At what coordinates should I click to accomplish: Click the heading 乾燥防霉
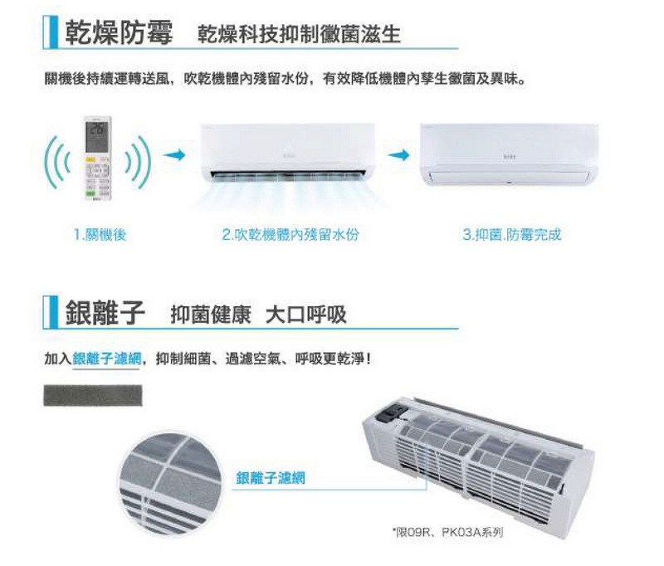pos(119,32)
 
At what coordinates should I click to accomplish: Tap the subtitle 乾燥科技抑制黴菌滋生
pos(299,34)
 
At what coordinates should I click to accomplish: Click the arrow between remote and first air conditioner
pos(174,155)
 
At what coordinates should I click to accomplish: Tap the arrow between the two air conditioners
pos(399,155)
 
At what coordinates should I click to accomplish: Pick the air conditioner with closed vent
pos(509,155)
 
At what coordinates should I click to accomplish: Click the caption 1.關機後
pos(100,234)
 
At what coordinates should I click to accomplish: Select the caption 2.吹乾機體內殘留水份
pos(290,234)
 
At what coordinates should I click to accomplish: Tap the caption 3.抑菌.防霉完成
pos(512,234)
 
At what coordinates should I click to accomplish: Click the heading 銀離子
pos(105,312)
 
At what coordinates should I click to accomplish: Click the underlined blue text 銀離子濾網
pos(106,359)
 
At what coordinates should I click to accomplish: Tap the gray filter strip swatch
pos(93,395)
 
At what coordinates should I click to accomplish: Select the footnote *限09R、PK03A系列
pos(447,532)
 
